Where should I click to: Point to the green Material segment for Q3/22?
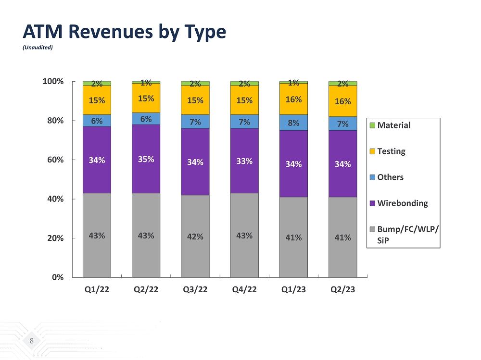195,83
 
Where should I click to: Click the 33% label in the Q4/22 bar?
244,161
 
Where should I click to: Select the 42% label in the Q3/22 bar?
195,237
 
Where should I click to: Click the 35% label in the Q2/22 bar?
146,159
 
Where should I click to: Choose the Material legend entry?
393,125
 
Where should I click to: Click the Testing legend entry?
391,151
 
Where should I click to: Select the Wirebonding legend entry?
402,203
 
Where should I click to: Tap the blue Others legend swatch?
371,177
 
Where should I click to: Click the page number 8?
32,341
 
